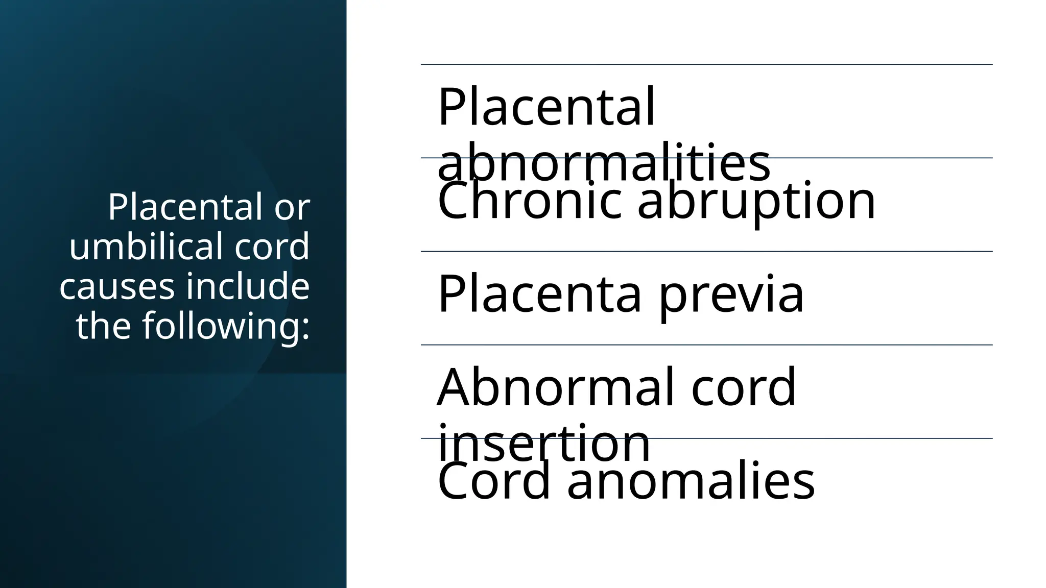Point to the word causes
tap(117, 287)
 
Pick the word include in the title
tap(248, 286)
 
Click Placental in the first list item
tap(546, 107)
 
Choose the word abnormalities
tap(604, 163)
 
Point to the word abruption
tap(756, 202)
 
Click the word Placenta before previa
tap(539, 295)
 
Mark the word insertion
tap(543, 443)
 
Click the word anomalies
tap(691, 481)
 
